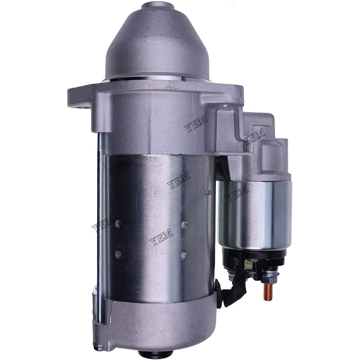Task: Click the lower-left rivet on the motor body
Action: pos(118,254)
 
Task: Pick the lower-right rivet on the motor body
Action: pos(184,255)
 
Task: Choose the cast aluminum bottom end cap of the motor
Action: pos(156,324)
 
